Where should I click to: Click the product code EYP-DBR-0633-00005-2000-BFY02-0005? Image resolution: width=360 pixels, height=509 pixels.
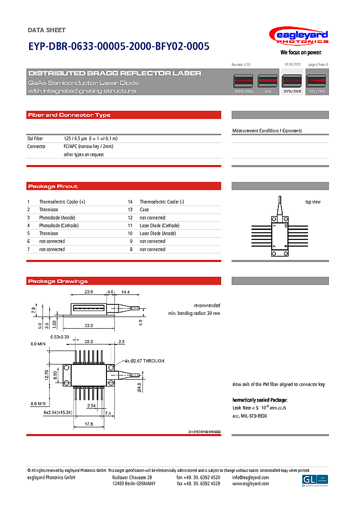[118, 47]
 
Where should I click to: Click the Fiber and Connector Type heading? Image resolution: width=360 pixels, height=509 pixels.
[69, 115]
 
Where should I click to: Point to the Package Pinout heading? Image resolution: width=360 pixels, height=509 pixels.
[53, 186]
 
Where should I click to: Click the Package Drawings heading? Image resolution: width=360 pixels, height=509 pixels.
[58, 281]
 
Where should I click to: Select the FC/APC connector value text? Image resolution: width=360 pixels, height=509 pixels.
[88, 146]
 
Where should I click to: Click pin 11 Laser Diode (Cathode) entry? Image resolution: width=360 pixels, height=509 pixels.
[159, 226]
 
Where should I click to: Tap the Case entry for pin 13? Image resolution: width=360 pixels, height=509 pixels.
[144, 209]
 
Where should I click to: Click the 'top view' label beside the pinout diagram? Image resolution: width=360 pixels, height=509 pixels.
[313, 202]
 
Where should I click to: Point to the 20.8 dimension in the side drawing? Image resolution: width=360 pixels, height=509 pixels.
[88, 291]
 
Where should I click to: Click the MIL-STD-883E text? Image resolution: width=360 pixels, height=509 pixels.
[250, 416]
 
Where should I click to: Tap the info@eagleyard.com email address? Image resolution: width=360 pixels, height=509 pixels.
[250, 478]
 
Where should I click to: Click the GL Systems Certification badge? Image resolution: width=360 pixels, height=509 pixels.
[315, 480]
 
